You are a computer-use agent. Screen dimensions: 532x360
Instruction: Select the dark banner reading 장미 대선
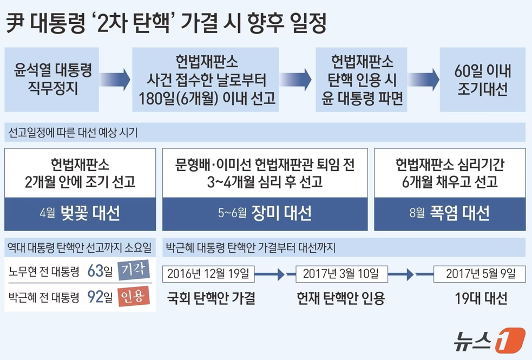[x=265, y=213]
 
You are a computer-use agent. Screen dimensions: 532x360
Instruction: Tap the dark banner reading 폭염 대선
[x=449, y=213]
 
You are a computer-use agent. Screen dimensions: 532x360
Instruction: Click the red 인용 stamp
[x=132, y=297]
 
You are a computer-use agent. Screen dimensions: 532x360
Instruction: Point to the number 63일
[x=99, y=271]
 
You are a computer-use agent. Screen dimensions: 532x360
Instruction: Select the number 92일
[x=99, y=297]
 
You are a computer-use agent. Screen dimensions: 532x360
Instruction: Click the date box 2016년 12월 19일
[x=208, y=273]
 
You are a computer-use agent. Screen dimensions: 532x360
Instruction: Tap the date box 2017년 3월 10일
[x=341, y=273]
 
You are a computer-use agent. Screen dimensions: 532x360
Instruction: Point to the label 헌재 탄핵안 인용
[x=341, y=298]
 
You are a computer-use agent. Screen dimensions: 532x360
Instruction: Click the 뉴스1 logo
[x=491, y=341]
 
